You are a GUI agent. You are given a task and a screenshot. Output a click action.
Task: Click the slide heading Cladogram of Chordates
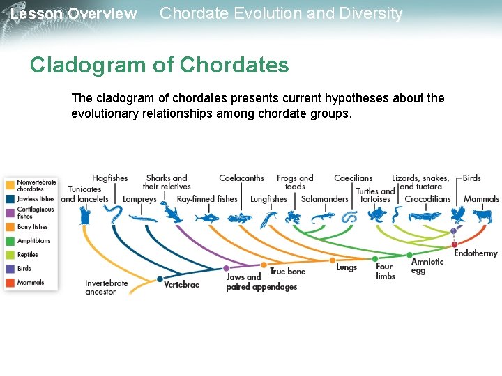coord(159,65)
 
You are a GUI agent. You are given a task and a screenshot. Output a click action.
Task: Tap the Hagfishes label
coord(110,178)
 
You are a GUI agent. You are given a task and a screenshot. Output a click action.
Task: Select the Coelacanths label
coord(241,178)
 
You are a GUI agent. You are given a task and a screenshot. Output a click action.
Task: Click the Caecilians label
coord(353,178)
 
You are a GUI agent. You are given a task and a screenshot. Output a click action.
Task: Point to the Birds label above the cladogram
coord(472,178)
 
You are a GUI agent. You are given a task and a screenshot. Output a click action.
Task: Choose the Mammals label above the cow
coord(481,199)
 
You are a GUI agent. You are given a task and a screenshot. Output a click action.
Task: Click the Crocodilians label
coord(427,199)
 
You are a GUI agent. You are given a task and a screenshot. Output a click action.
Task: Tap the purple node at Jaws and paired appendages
coord(226,268)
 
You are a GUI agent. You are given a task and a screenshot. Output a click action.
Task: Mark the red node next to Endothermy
coord(455,244)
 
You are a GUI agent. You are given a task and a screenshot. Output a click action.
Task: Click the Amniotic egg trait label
coord(427,266)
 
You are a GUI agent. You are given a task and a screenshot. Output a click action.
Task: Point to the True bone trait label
coord(287,272)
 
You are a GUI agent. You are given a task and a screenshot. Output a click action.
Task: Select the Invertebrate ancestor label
coord(107,288)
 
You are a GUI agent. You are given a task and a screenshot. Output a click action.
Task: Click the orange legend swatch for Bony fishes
coord(10,227)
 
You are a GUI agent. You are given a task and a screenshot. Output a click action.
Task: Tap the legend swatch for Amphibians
coord(10,241)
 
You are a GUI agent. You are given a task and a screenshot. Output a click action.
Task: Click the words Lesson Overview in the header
coord(74,14)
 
